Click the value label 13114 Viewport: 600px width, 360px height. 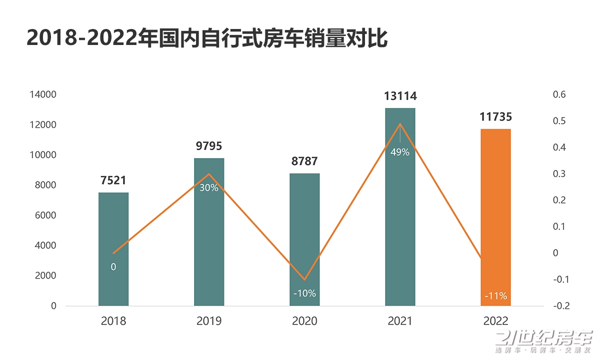tap(400, 96)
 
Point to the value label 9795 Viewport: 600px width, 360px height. tap(209, 146)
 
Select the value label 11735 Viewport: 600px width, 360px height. tap(495, 117)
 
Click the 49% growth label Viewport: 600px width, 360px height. tap(400, 152)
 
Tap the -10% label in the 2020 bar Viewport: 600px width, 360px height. tap(304, 293)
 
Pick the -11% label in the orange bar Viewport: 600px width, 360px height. tap(495, 296)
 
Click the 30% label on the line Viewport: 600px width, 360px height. tap(209, 188)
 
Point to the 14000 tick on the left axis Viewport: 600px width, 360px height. tap(44, 94)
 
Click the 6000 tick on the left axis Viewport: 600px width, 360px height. tap(46, 215)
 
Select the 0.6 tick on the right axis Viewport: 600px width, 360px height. tap(558, 94)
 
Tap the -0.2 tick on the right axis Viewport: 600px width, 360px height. tap(559, 305)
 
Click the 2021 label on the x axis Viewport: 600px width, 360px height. tap(400, 321)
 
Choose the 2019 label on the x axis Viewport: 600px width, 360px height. tap(209, 321)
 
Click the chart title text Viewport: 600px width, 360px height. tap(207, 39)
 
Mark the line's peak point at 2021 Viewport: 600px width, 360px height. tap(400, 123)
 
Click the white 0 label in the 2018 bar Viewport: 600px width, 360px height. tap(113, 267)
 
